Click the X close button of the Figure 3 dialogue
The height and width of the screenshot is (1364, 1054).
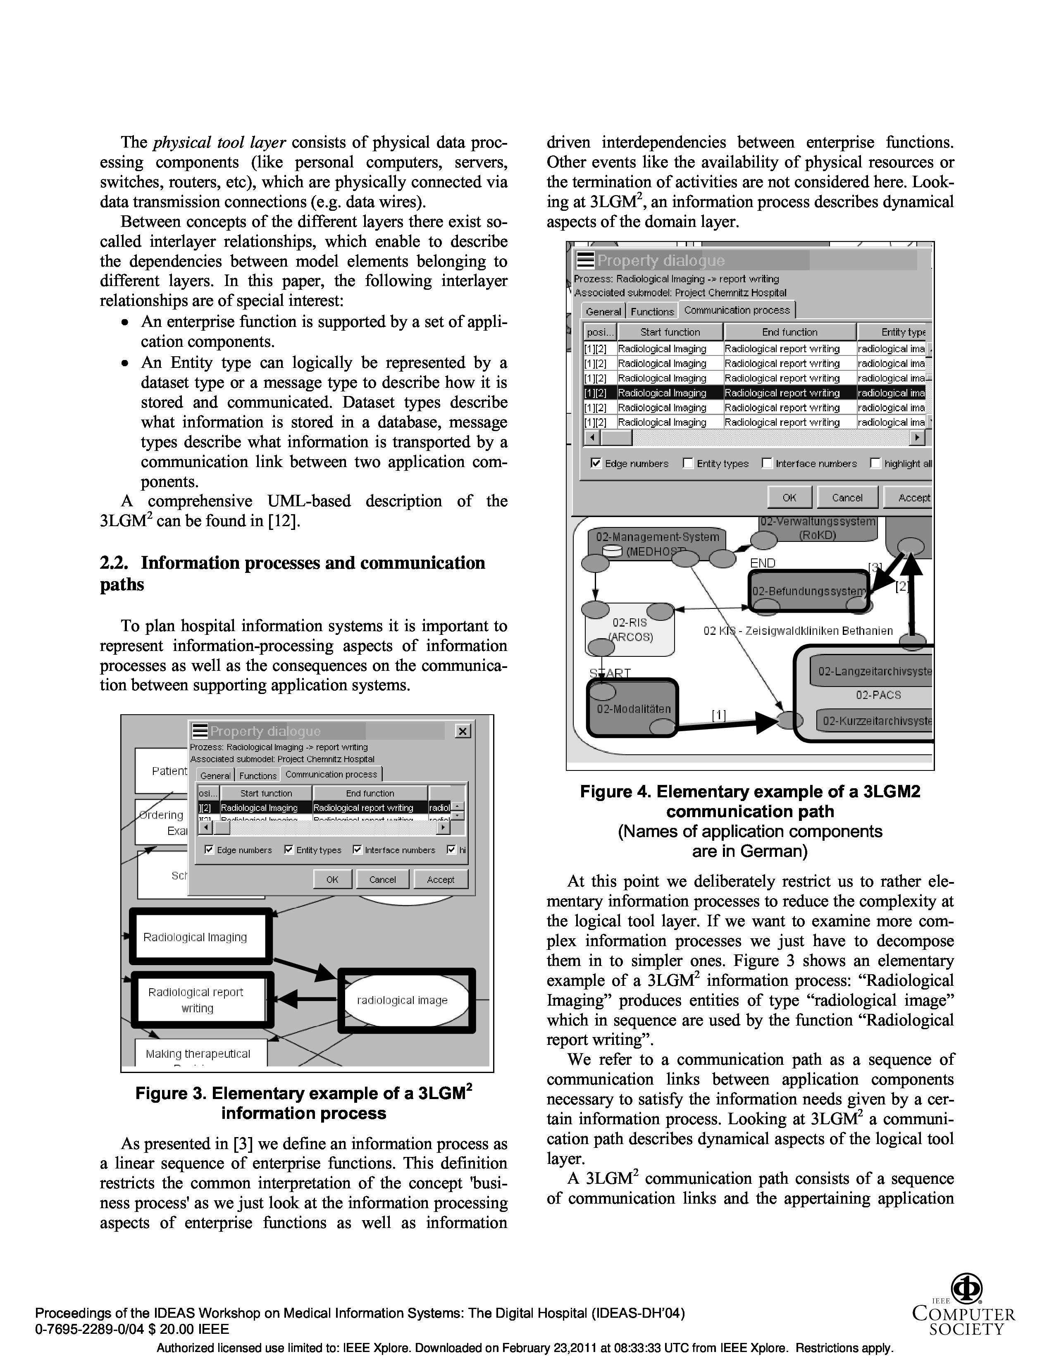pyautogui.click(x=463, y=731)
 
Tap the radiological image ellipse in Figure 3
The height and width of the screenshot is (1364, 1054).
pyautogui.click(x=403, y=1000)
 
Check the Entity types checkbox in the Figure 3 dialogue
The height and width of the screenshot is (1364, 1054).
pyautogui.click(x=289, y=849)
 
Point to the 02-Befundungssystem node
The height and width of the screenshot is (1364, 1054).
pyautogui.click(x=808, y=591)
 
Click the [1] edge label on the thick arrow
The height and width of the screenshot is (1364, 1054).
pyautogui.click(x=719, y=716)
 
